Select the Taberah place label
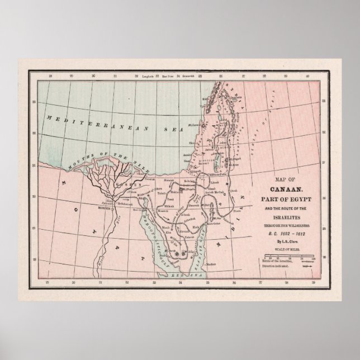click(190, 237)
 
